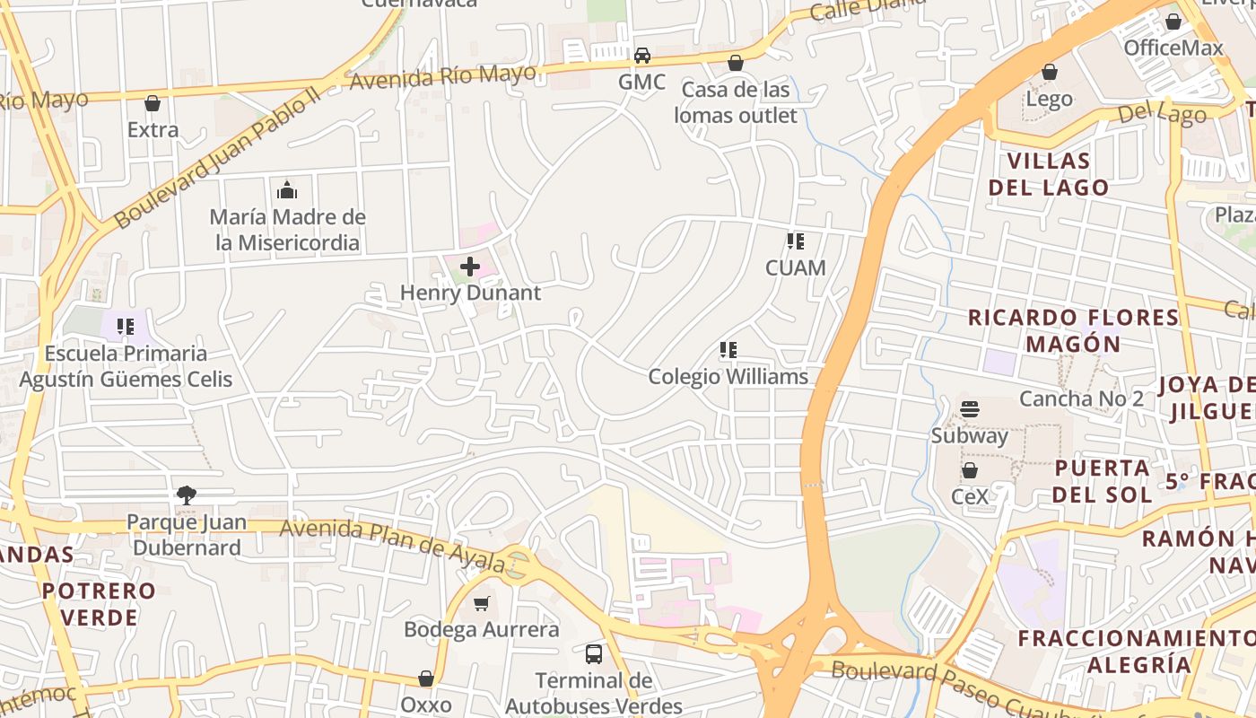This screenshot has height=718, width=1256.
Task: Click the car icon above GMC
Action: click(x=642, y=56)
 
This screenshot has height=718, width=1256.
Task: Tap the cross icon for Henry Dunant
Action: click(x=470, y=267)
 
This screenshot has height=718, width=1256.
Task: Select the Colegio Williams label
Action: click(x=728, y=377)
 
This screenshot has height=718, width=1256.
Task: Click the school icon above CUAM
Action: click(x=795, y=241)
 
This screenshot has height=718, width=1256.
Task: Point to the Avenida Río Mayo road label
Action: click(x=443, y=76)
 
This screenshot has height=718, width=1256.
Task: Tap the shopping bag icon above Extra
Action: click(x=153, y=103)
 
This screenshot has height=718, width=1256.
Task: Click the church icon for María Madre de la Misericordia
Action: click(x=287, y=190)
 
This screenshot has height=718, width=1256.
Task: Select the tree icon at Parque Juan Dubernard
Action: click(x=186, y=495)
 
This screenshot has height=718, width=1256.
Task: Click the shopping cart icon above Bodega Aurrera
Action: click(x=482, y=603)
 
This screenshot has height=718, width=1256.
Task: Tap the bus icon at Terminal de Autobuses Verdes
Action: click(x=594, y=653)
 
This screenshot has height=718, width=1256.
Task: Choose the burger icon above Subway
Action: click(x=969, y=409)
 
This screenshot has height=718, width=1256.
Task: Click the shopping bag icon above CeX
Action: click(x=969, y=470)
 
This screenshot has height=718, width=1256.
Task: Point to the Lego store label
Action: click(x=1049, y=99)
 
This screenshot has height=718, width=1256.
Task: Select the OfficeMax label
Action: click(x=1173, y=48)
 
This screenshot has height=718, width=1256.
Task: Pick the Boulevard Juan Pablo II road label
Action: click(x=217, y=157)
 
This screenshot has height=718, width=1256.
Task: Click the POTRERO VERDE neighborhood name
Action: click(x=99, y=604)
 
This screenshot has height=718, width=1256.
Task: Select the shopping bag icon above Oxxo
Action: click(x=426, y=679)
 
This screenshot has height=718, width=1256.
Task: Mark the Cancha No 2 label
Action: click(x=1081, y=398)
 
